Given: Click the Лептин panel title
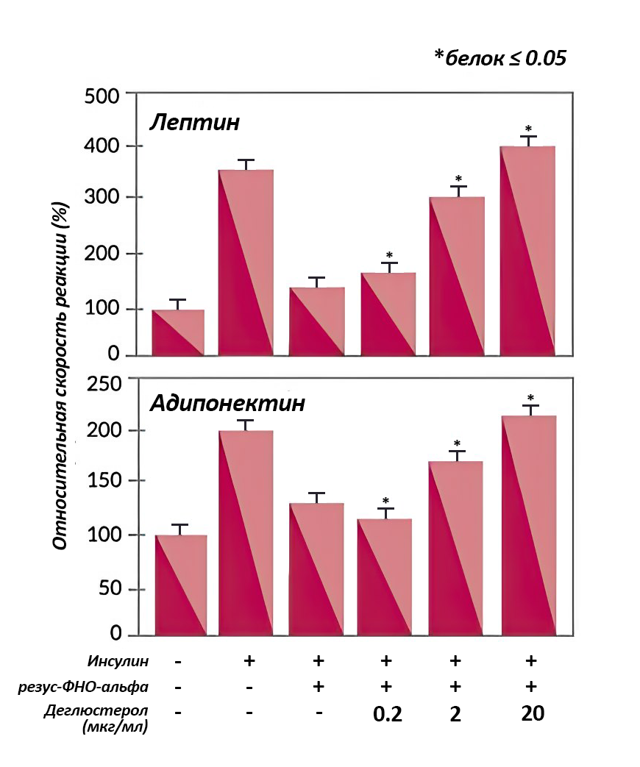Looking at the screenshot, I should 195,122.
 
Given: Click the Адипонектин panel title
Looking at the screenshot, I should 227,404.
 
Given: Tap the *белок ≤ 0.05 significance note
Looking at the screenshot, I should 500,58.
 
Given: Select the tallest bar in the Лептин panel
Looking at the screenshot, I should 527,250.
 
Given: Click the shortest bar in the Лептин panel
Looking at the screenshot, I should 178,332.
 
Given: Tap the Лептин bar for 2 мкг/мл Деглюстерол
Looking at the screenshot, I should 458,276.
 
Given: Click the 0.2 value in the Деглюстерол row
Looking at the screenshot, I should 388,714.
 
